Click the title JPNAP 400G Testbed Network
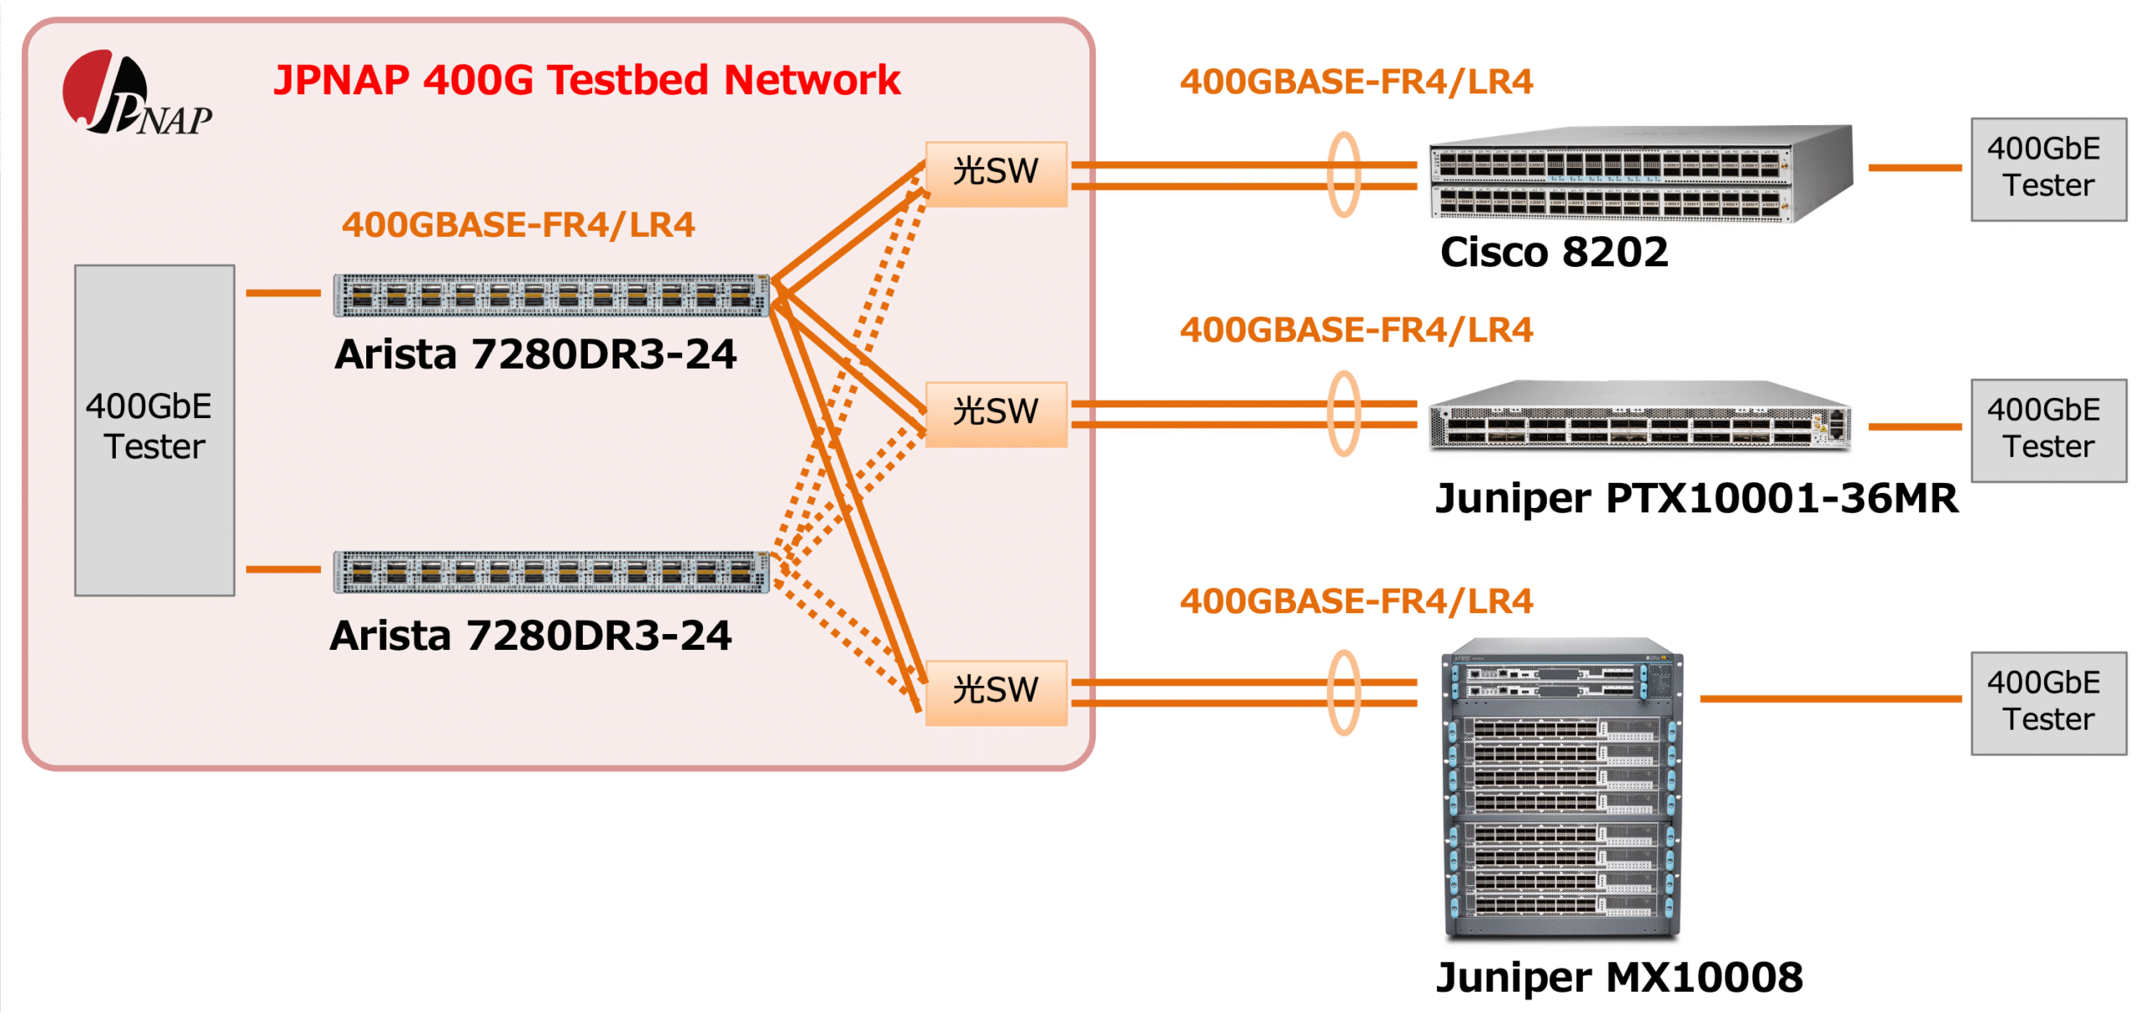click(x=586, y=81)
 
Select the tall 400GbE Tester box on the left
click(x=155, y=430)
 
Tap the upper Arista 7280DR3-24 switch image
click(x=551, y=296)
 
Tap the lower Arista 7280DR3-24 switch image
click(x=551, y=573)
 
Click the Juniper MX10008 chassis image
click(x=1562, y=789)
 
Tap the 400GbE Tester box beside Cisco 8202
click(x=2048, y=169)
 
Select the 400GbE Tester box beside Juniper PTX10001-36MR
click(x=2048, y=430)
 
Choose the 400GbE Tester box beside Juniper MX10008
click(x=2048, y=703)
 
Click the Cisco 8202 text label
click(x=1554, y=253)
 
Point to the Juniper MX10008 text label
click(x=1619, y=977)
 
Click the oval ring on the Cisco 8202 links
click(x=1344, y=175)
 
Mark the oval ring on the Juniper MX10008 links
click(x=1344, y=693)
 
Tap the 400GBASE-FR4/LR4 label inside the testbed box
click(x=518, y=225)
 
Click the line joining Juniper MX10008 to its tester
click(x=1831, y=699)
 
